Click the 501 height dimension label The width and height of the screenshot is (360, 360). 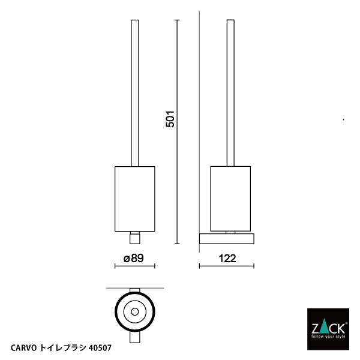pyautogui.click(x=170, y=119)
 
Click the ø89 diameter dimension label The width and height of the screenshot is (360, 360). pyautogui.click(x=134, y=258)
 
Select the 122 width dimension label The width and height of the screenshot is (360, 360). pyautogui.click(x=227, y=258)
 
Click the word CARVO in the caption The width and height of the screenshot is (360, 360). pyautogui.click(x=25, y=346)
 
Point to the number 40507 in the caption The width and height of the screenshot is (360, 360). pyautogui.click(x=100, y=346)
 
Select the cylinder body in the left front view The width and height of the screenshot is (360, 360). pyautogui.click(x=134, y=199)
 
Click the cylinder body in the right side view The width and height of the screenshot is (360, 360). pyautogui.click(x=231, y=199)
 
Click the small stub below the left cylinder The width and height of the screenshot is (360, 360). pyautogui.click(x=135, y=238)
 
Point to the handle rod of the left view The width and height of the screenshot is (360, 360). pyautogui.click(x=135, y=90)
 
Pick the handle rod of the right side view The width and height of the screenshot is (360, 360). pyautogui.click(x=231, y=90)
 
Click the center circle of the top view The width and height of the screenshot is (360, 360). pyautogui.click(x=134, y=311)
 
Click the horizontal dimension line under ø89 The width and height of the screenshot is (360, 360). pyautogui.click(x=134, y=266)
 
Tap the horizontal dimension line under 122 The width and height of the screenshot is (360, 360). pyautogui.click(x=227, y=266)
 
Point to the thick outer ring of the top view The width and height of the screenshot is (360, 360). pyautogui.click(x=118, y=311)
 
